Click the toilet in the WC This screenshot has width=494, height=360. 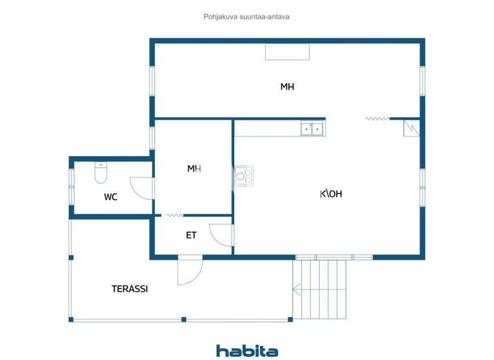point(100,174)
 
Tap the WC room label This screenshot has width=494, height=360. point(111,197)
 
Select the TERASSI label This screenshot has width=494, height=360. point(130,289)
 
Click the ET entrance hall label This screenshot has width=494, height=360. point(191,235)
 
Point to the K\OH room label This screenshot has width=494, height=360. point(331,194)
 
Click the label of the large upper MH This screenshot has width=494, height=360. point(287,87)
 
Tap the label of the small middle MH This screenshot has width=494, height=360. point(194,168)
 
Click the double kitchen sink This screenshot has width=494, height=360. point(312,129)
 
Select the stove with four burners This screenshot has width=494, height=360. point(244,175)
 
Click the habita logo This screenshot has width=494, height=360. point(247,350)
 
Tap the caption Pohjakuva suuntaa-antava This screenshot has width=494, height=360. point(246,17)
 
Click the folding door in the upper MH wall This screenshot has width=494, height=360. point(378,118)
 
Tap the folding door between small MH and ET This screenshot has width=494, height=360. point(174,215)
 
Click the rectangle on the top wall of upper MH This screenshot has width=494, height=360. point(287,51)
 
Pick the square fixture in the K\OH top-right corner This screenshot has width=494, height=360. point(411,128)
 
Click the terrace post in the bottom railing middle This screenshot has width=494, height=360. point(184,319)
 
